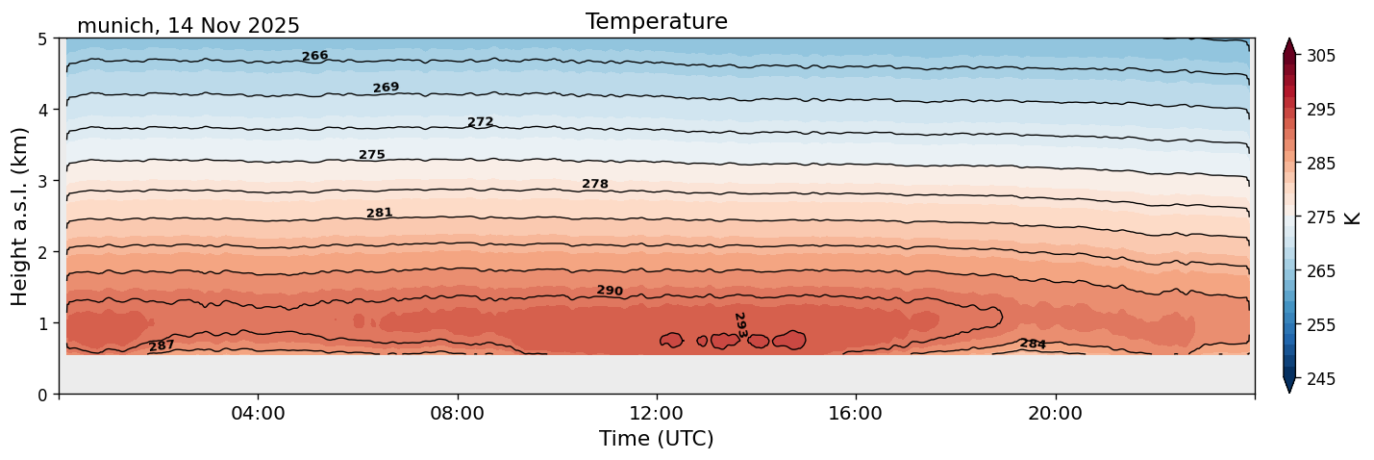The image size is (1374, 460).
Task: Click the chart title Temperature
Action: (656, 21)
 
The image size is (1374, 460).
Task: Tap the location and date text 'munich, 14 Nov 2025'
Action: (188, 26)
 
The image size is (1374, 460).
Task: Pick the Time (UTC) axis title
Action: (656, 439)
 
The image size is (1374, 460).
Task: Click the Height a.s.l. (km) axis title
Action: (20, 217)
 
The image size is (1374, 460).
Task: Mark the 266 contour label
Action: (314, 56)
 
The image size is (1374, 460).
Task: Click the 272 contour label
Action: (480, 122)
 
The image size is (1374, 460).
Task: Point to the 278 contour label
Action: (594, 184)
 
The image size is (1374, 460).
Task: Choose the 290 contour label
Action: (610, 291)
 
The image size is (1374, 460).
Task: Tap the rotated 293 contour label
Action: (739, 324)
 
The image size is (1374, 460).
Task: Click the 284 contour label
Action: (1033, 344)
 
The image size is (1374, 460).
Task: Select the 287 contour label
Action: (162, 345)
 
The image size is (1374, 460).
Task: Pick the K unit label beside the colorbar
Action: (1353, 217)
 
